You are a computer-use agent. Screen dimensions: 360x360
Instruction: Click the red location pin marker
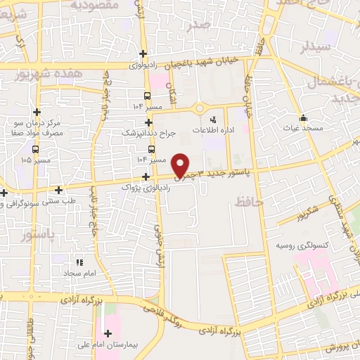coord(181,165)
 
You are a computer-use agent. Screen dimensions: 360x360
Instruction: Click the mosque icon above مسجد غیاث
coord(303,117)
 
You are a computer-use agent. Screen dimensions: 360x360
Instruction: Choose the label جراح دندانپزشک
coord(148,132)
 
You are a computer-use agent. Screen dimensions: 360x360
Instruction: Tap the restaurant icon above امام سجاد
coord(79,262)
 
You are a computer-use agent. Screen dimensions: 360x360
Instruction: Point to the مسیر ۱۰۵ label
coord(36,160)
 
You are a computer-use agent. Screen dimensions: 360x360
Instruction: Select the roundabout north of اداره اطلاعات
coord(200,108)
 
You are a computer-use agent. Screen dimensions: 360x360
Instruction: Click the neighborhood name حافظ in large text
coord(250,202)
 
